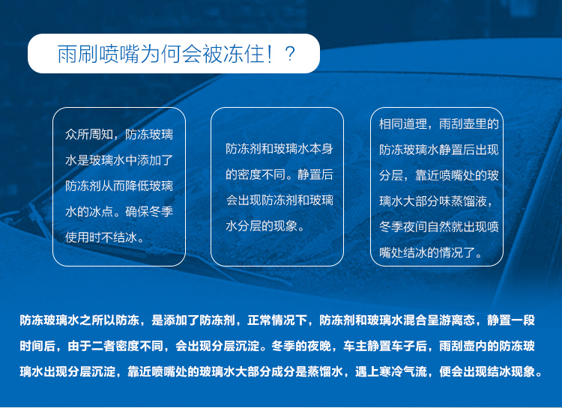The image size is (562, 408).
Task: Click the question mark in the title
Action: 289,54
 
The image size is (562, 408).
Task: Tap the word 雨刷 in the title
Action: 78,54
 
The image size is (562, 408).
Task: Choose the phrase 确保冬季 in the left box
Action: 149,212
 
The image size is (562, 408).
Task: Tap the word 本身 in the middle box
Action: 321,149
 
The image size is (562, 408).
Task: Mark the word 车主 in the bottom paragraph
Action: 355,346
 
